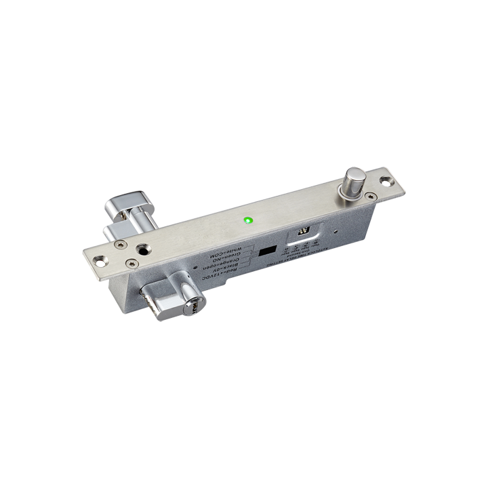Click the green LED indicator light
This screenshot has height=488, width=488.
248,220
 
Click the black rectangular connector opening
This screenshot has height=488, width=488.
268,251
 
